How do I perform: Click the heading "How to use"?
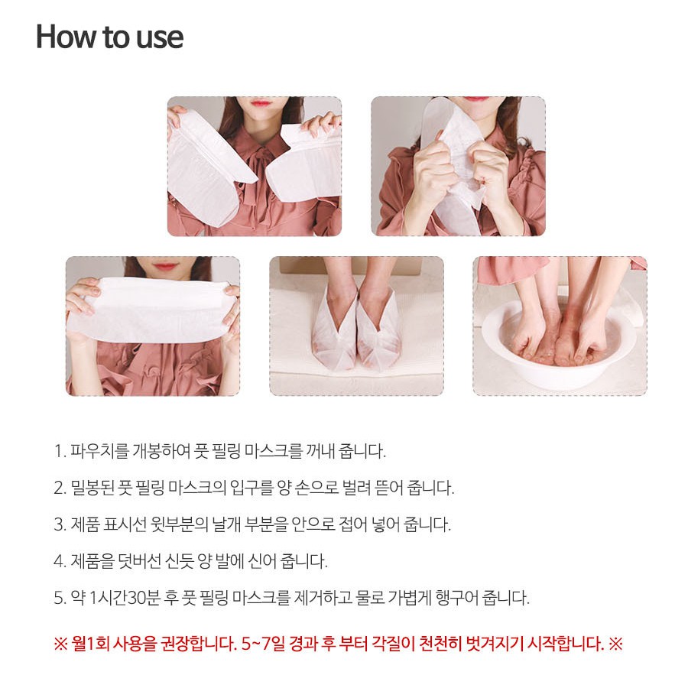pyautogui.click(x=109, y=37)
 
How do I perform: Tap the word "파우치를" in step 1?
pyautogui.click(x=99, y=451)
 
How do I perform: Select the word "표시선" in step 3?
pyautogui.click(x=125, y=524)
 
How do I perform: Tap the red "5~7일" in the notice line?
pyautogui.click(x=263, y=644)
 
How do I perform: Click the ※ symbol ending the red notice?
pyautogui.click(x=616, y=644)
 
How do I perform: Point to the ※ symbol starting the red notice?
pyautogui.click(x=60, y=644)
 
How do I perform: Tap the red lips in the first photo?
pyautogui.click(x=261, y=103)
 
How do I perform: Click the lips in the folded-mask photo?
pyautogui.click(x=164, y=265)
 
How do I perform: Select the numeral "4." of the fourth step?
pyautogui.click(x=60, y=561)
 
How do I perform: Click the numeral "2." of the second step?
pyautogui.click(x=60, y=488)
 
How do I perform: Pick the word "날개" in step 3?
pyautogui.click(x=226, y=524)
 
